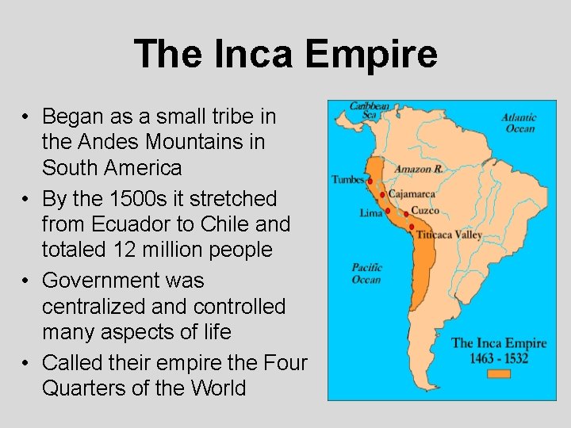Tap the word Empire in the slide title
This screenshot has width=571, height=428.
(372, 54)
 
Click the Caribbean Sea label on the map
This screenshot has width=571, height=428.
(370, 110)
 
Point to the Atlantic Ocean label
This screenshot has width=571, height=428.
(519, 123)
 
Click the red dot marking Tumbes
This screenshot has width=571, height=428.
(370, 182)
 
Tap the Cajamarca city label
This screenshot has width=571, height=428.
(412, 194)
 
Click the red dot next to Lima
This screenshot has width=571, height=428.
(388, 211)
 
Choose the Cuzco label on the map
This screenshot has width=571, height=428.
(426, 211)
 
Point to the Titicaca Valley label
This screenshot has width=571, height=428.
(449, 235)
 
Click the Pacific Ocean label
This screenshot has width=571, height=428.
(366, 273)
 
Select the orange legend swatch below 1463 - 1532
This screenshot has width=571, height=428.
(499, 373)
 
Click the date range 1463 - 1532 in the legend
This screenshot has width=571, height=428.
(499, 357)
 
